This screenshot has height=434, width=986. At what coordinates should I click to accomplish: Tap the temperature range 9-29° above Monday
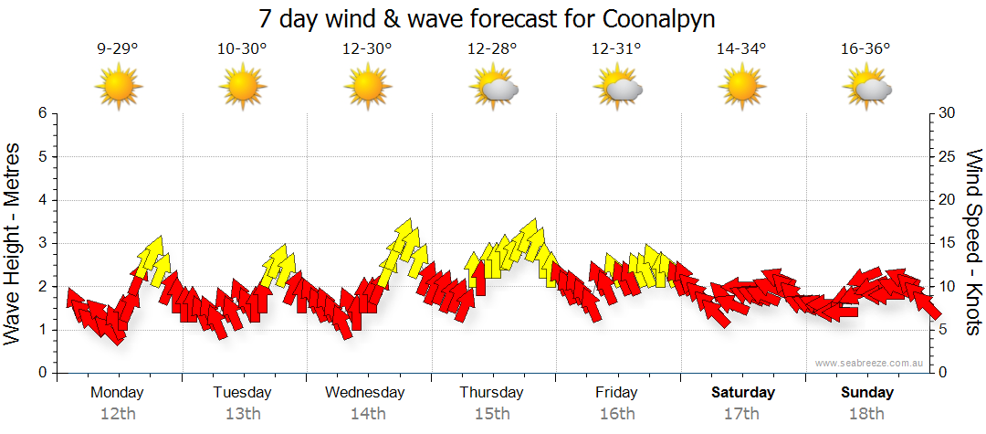[118, 49]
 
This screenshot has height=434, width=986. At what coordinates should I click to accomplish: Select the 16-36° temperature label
[865, 49]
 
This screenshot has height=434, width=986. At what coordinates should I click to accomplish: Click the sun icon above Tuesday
[243, 87]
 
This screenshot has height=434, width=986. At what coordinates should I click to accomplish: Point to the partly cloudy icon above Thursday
[493, 88]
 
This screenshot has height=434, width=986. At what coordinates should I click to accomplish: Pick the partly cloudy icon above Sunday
[866, 88]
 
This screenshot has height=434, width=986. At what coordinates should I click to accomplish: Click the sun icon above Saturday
[741, 87]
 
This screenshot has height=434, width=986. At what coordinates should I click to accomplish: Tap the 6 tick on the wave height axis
[42, 113]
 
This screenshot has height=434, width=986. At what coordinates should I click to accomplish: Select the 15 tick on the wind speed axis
[948, 243]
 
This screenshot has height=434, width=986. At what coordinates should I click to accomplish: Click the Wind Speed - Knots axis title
[973, 243]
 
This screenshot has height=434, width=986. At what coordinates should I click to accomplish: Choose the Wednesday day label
[365, 393]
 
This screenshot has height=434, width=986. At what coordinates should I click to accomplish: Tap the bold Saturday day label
[743, 393]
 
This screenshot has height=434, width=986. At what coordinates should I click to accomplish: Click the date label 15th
[491, 414]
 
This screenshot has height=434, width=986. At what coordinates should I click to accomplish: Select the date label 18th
[866, 414]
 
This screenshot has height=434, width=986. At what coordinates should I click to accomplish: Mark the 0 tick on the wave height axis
[42, 373]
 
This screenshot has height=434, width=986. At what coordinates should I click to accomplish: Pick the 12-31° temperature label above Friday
[616, 49]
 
